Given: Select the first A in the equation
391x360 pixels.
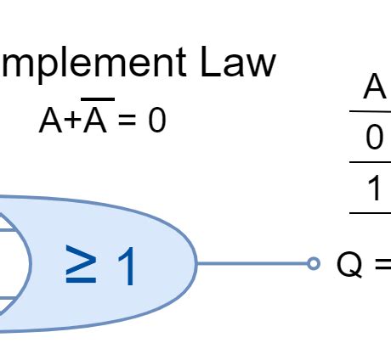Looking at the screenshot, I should [48, 121].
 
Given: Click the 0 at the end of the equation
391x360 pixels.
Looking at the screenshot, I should [156, 121].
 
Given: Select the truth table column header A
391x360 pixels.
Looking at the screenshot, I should [374, 87].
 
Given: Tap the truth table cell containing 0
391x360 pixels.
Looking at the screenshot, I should [375, 138].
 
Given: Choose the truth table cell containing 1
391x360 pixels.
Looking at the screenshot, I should [375, 188].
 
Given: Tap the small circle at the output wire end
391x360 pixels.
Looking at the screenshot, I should [314, 264].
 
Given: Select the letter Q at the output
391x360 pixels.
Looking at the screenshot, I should [349, 265].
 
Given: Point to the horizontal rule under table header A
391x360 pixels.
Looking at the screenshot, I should [371, 111].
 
